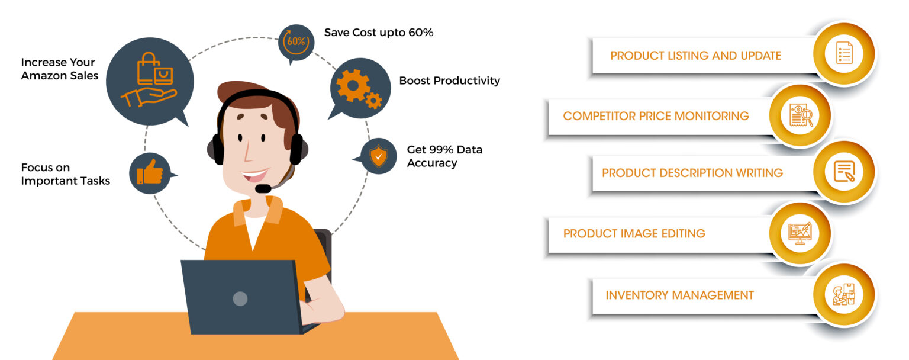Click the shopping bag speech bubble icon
pyautogui.click(x=150, y=81)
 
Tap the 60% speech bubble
pyautogui.click(x=296, y=42)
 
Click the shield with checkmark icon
pyautogui.click(x=378, y=156)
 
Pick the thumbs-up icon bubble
pyautogui.click(x=150, y=173)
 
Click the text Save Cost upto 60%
pyautogui.click(x=379, y=33)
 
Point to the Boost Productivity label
pyautogui.click(x=449, y=81)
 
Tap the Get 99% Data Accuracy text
pyautogui.click(x=444, y=156)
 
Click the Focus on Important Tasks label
pyautogui.click(x=65, y=174)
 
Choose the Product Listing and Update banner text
pyautogui.click(x=695, y=56)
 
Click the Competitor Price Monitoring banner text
pyautogui.click(x=656, y=116)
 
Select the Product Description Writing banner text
pyautogui.click(x=692, y=173)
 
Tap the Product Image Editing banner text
pyautogui.click(x=634, y=233)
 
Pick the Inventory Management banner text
pyautogui.click(x=679, y=295)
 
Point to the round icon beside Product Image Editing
pyautogui.click(x=800, y=233)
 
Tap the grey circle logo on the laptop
pyautogui.click(x=240, y=298)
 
